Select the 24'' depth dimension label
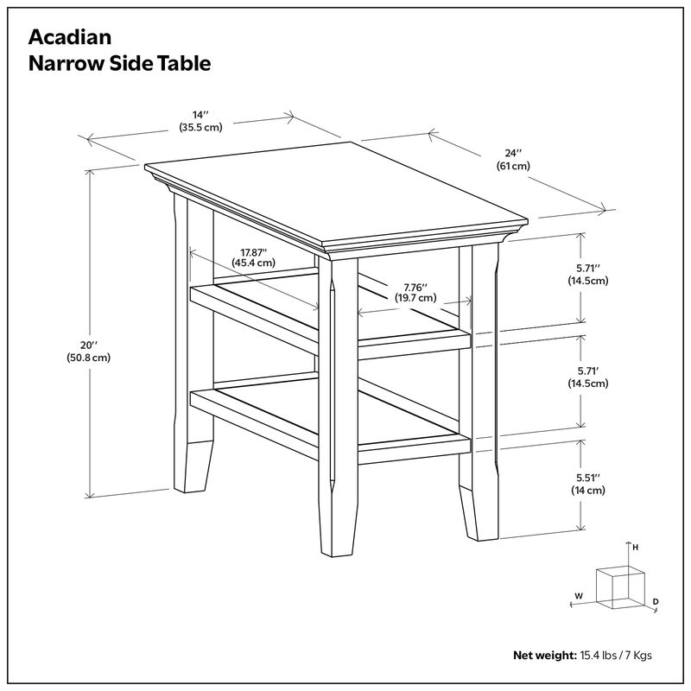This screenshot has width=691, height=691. click(513, 152)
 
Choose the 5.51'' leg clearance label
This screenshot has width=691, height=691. click(588, 477)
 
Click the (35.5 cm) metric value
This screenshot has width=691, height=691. click(201, 127)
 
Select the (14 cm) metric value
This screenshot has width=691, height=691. click(587, 490)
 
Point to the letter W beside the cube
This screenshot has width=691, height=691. click(579, 595)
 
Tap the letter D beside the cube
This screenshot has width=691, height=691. click(656, 600)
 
